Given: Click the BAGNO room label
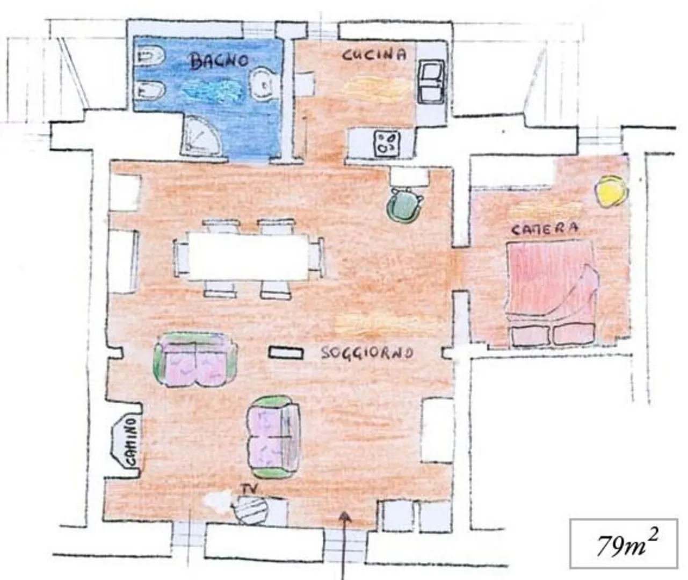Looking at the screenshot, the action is click(x=220, y=61).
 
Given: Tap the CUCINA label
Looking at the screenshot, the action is click(x=374, y=54).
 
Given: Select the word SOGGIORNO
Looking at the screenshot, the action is click(x=367, y=353).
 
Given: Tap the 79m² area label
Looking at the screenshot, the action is click(x=623, y=545).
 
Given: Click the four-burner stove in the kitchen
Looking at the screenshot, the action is click(x=387, y=143).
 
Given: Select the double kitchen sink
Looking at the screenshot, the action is click(x=431, y=82).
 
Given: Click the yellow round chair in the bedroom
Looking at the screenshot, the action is click(x=611, y=191).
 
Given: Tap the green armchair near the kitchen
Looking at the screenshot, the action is click(x=404, y=205).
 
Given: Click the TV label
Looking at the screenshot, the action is click(x=249, y=489).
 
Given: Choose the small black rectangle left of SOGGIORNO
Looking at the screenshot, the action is click(x=286, y=353).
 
